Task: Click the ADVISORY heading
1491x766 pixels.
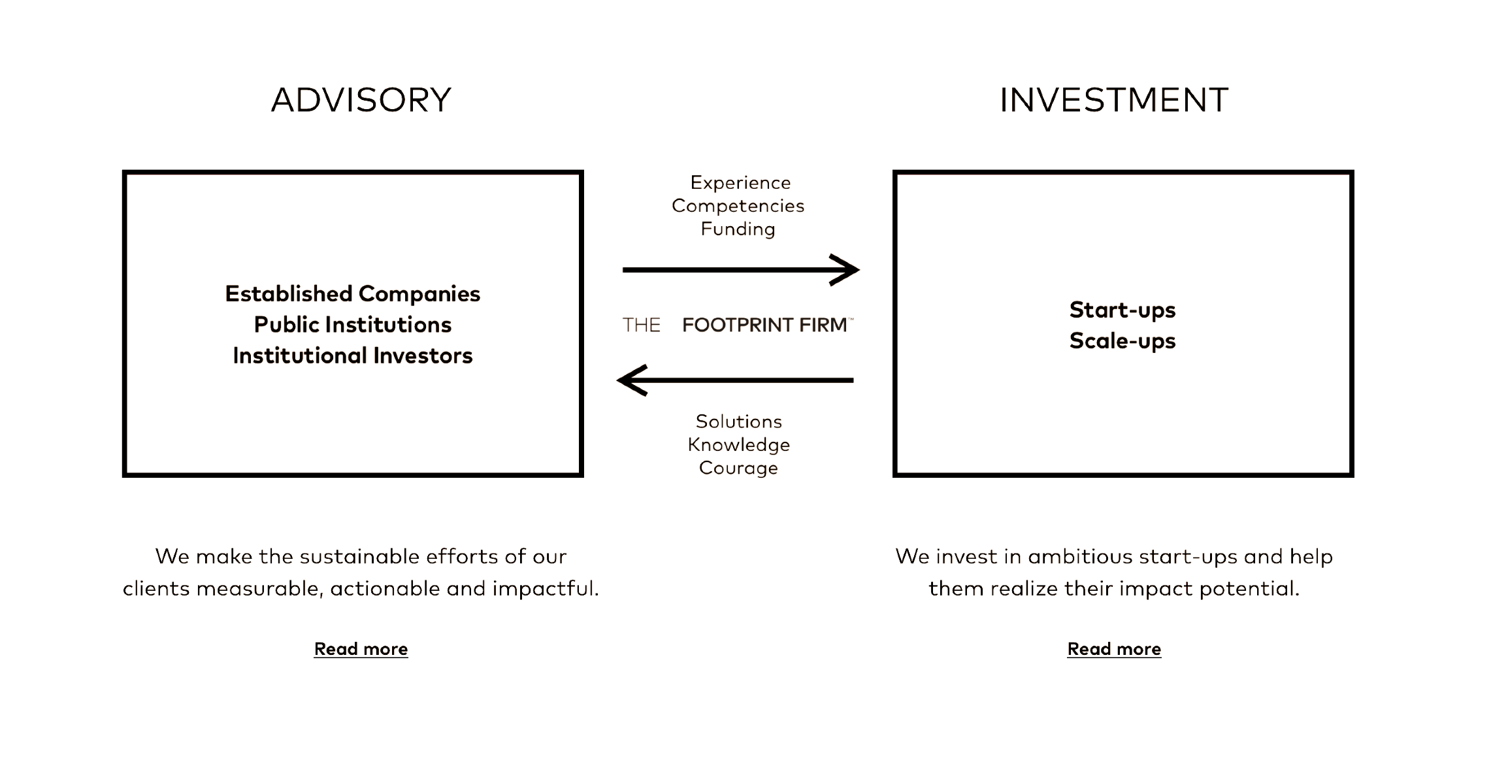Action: (361, 100)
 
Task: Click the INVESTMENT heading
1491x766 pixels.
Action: (1114, 100)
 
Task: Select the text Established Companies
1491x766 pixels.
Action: (353, 294)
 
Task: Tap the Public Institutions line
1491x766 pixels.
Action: (353, 325)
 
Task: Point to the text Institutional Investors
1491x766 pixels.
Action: (353, 356)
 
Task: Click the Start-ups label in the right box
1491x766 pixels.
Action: (1122, 310)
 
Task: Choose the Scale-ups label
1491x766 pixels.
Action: (1122, 341)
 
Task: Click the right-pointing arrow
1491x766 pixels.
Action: (741, 270)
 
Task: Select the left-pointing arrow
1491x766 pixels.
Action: (735, 380)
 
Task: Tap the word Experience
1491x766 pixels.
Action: (740, 182)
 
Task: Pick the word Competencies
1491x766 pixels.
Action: (738, 206)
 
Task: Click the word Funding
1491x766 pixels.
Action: (738, 229)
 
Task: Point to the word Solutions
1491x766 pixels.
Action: (739, 422)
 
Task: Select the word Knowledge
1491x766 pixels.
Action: (739, 445)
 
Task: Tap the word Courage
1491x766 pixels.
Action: (738, 468)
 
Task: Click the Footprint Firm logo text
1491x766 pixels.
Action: (738, 325)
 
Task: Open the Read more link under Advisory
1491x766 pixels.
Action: (361, 649)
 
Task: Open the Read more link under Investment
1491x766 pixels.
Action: (1114, 649)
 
